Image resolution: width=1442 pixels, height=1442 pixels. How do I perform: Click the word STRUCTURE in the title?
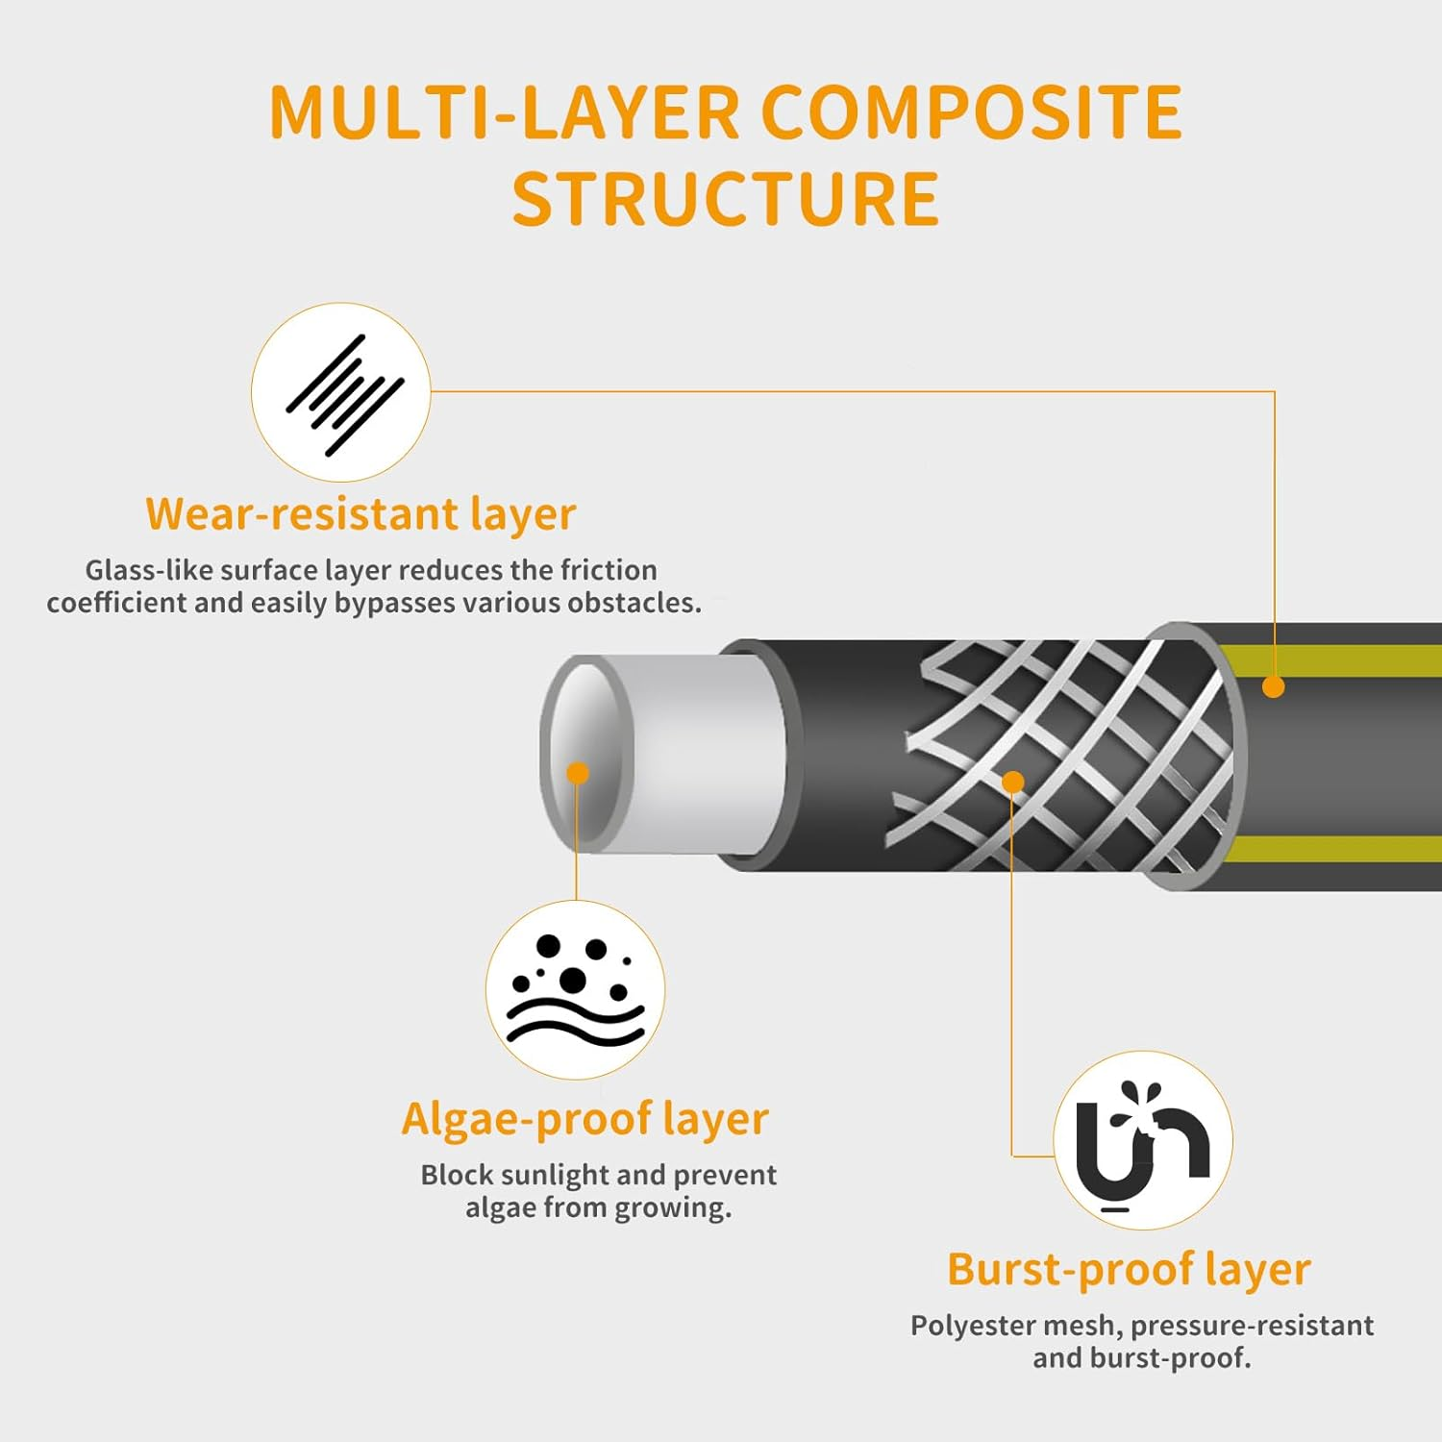[x=725, y=199]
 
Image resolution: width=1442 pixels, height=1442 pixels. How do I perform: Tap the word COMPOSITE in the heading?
[x=971, y=112]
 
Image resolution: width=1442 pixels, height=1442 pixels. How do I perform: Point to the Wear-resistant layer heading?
[x=360, y=513]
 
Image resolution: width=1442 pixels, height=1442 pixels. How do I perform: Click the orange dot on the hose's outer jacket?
[x=1274, y=686]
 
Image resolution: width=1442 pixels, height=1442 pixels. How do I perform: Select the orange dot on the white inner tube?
[x=578, y=773]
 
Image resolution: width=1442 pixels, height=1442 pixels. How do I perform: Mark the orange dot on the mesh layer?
[x=1012, y=782]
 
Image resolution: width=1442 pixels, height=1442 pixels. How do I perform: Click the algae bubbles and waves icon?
[x=575, y=990]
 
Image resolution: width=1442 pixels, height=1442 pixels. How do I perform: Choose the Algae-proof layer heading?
[x=584, y=1119]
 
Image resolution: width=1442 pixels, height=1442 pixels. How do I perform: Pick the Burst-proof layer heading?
[x=1129, y=1269]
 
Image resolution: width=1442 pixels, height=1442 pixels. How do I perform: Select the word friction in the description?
[x=609, y=570]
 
